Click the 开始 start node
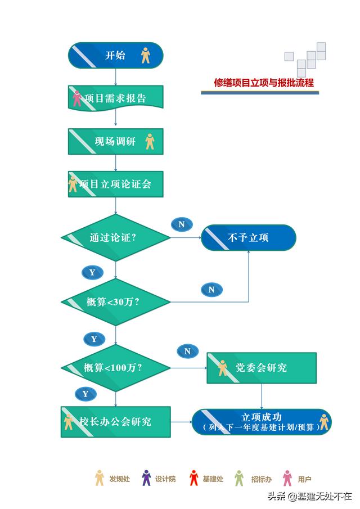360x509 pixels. (115, 55)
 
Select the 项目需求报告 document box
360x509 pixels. (115, 97)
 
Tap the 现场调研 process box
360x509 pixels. (115, 141)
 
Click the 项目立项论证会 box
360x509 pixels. (115, 184)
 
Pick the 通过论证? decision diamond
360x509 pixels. (115, 237)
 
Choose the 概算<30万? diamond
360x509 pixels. (115, 302)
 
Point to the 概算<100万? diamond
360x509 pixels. (115, 368)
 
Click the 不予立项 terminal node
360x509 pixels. (249, 237)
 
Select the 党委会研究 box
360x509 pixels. (262, 368)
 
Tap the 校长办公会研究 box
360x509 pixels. (115, 422)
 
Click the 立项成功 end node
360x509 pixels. (262, 422)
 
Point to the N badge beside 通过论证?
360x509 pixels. (182, 224)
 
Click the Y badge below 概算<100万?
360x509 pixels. (85, 394)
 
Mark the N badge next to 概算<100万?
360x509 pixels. (188, 351)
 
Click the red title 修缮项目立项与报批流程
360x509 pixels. (264, 83)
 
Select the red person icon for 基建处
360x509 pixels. (194, 478)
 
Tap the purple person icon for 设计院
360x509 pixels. (146, 478)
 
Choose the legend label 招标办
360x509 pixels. (262, 479)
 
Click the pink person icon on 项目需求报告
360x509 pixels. (77, 98)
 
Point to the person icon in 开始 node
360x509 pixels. (146, 55)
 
